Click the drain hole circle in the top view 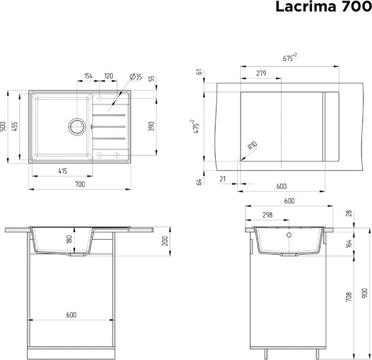coord(77,126)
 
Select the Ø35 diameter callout coord(136,76)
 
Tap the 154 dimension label coord(88,76)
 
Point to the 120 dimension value coord(108,76)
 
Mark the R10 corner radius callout coord(251,147)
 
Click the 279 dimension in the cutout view coord(261,74)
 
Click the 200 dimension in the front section coord(166,242)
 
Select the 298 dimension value coord(267,216)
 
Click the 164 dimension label coord(348,244)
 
